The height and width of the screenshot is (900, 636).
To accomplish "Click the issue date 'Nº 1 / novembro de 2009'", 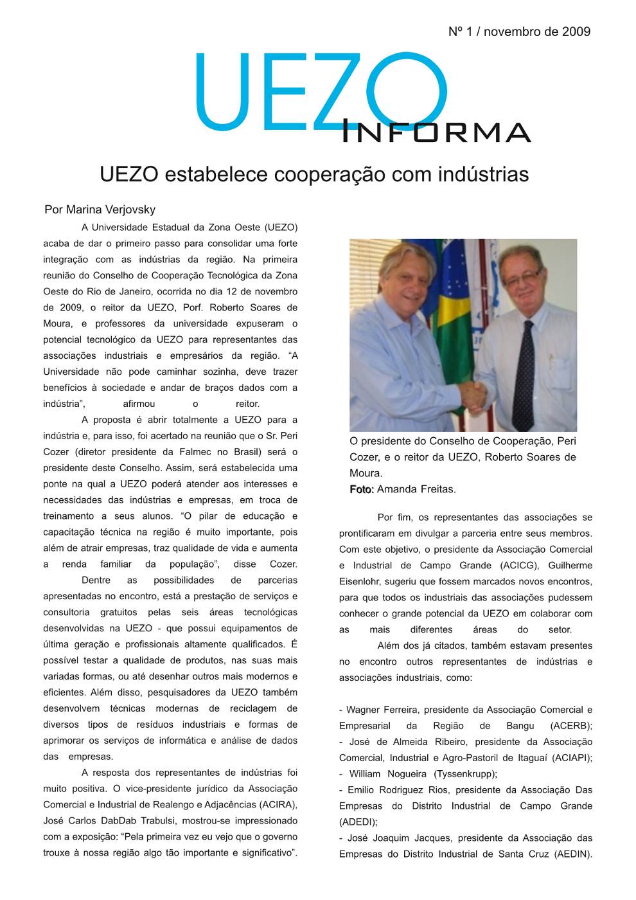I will [519, 32].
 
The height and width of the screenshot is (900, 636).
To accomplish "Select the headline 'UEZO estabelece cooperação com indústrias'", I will [314, 174].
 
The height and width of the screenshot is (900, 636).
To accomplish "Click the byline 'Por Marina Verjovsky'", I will [100, 210].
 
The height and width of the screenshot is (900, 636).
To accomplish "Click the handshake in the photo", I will [474, 394].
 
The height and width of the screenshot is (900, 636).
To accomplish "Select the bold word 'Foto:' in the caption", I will [362, 490].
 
